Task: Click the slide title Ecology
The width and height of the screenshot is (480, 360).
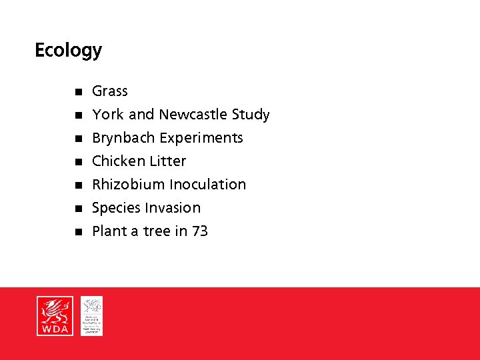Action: click(68, 51)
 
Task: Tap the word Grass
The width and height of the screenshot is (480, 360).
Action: click(110, 91)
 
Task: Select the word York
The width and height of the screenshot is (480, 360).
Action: click(108, 115)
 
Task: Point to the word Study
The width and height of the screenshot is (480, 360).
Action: click(251, 115)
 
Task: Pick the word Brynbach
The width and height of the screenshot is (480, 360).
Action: click(121, 138)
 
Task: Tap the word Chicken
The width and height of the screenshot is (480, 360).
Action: click(117, 161)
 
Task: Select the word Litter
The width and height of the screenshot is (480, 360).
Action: click(167, 161)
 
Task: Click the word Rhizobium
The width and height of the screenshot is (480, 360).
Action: click(129, 185)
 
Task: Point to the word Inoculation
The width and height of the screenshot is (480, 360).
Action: click(207, 185)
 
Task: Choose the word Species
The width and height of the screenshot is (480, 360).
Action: click(116, 209)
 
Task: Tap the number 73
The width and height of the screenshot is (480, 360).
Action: click(200, 231)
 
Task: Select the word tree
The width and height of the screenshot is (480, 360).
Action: click(157, 231)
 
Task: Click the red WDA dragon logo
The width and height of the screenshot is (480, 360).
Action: click(55, 316)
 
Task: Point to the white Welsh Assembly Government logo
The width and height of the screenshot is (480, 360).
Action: click(92, 316)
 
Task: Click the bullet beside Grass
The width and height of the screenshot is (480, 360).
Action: click(77, 92)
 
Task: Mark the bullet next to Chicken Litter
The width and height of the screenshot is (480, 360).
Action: click(77, 162)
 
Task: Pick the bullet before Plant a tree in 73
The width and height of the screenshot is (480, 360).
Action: click(77, 232)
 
